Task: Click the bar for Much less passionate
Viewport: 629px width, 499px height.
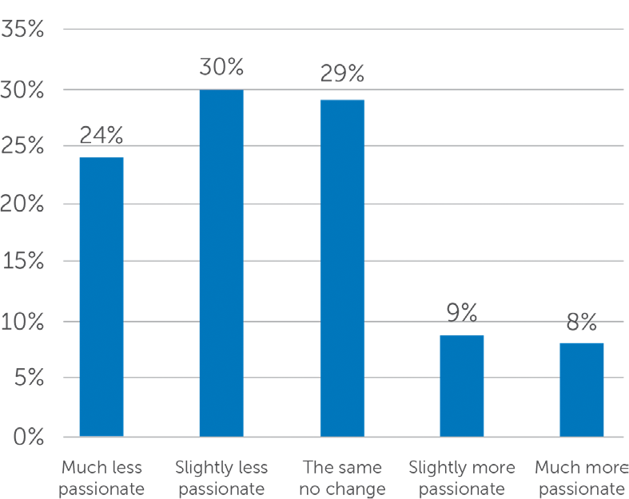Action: (x=102, y=296)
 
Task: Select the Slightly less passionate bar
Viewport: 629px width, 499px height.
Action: (x=221, y=263)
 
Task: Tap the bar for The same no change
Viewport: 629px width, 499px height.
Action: (x=342, y=268)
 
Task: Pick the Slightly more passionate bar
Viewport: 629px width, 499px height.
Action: (x=462, y=386)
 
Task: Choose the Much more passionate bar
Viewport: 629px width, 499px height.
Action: (x=582, y=390)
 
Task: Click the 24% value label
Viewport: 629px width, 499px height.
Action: (x=102, y=135)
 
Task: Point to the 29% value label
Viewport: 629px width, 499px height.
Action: (x=342, y=73)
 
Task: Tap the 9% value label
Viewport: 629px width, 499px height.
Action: (x=462, y=313)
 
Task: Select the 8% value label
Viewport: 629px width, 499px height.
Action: (x=582, y=322)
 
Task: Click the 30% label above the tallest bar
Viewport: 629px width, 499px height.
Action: (x=221, y=66)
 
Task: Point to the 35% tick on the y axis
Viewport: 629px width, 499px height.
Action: (x=22, y=30)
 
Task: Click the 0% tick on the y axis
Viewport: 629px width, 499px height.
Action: (x=29, y=437)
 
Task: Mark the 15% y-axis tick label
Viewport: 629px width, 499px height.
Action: (x=23, y=261)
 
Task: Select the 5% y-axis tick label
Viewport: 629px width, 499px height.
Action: (x=29, y=377)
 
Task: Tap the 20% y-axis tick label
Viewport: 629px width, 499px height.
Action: (x=22, y=204)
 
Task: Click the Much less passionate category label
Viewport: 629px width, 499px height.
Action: (x=102, y=478)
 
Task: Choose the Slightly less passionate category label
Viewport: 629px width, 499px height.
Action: (x=221, y=478)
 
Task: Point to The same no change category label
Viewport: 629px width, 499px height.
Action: (x=342, y=478)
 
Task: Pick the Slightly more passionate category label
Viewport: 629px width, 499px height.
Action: (x=462, y=478)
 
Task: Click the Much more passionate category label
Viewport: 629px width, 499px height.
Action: (x=582, y=478)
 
